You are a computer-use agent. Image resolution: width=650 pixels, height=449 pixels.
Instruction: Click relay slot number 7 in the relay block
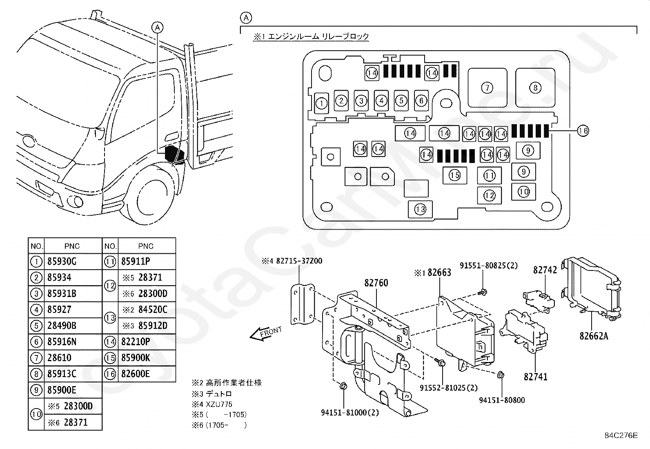pos(487,88)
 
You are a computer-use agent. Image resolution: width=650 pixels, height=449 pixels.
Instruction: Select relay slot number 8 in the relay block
pos(535,88)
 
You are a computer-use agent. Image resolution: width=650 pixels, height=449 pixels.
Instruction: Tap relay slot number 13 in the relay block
pos(420,209)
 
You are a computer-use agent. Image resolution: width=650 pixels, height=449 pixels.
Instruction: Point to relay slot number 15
pos(455,175)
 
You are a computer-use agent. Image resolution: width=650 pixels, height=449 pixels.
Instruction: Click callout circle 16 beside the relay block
pos(583,131)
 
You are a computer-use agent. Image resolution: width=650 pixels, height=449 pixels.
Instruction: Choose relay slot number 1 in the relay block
pos(321,103)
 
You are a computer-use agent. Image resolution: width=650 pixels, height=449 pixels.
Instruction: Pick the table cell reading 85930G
pos(62,261)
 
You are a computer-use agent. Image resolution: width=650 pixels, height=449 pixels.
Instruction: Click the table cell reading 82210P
pos(136,342)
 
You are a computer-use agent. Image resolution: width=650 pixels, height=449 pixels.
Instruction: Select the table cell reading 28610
pos(59,358)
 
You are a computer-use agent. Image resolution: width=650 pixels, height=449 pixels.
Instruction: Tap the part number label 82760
pos(376,283)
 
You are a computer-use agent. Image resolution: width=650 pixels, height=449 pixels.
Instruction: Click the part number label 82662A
pos(594,336)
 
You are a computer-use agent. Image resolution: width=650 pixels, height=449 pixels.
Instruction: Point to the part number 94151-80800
pos(502,400)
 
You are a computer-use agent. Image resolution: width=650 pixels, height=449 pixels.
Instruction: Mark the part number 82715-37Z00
pos(299,261)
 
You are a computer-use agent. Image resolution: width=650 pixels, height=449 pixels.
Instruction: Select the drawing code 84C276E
pos(621,436)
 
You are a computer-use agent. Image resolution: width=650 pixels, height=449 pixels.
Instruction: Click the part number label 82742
pos(545,270)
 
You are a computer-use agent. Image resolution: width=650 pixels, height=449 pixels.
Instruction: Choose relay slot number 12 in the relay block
pos(489,195)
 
